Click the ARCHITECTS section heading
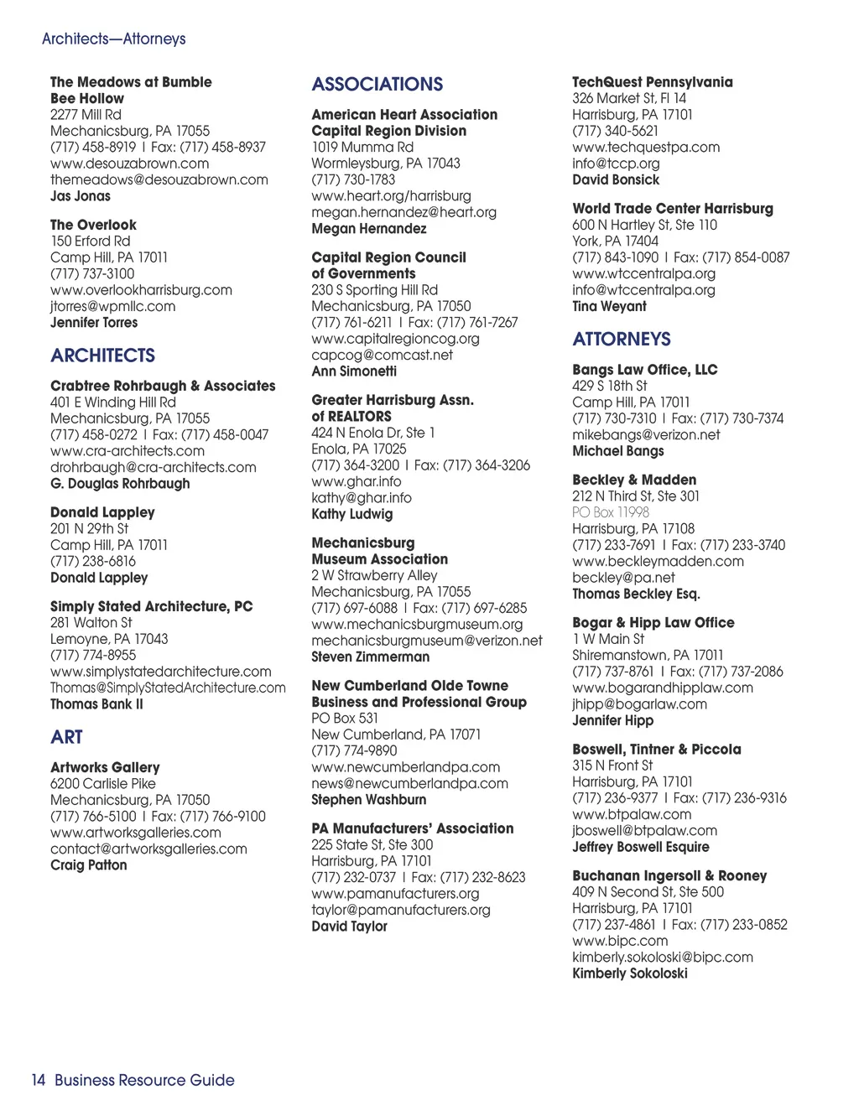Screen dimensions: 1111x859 (x=102, y=356)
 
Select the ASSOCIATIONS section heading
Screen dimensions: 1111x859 (x=377, y=84)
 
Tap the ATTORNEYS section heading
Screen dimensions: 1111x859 (x=622, y=339)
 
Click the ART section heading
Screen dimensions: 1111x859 (x=66, y=737)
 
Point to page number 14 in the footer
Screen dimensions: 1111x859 (x=39, y=1080)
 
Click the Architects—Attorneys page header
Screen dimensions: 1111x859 (x=113, y=39)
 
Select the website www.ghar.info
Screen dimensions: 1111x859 (x=356, y=481)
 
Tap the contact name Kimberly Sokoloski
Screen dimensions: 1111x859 (x=629, y=973)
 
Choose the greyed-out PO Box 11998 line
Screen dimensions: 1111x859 (x=610, y=512)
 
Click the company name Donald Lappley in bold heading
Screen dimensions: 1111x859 (x=102, y=512)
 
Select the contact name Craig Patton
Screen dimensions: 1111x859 (x=88, y=865)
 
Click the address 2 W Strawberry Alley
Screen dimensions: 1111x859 (x=374, y=575)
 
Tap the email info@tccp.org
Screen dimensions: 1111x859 (x=616, y=164)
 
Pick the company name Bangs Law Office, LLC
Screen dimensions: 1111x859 (x=644, y=370)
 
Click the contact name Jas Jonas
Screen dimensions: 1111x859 (x=80, y=196)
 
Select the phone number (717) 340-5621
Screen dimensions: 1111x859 (x=615, y=131)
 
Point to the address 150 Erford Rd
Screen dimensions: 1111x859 (x=90, y=241)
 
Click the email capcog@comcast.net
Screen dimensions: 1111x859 (x=382, y=355)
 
